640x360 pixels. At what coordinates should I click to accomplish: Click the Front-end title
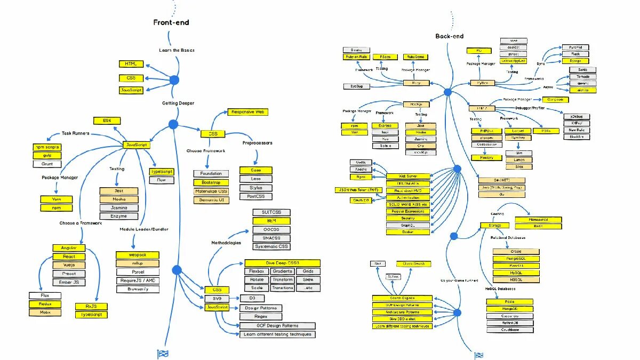point(171,22)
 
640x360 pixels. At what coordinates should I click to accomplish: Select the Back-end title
point(449,36)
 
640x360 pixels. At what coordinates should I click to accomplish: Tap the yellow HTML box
point(131,64)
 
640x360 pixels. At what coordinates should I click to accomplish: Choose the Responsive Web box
point(247,112)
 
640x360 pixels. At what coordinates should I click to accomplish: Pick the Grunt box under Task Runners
point(47,164)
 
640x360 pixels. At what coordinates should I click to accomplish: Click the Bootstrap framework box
point(211,182)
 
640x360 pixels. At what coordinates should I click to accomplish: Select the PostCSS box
point(255,196)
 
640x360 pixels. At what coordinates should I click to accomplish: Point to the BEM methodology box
point(271,221)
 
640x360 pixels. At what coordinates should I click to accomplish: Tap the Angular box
point(69,248)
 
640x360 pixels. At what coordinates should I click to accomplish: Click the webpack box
point(138,255)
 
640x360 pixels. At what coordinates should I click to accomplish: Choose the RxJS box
point(91,306)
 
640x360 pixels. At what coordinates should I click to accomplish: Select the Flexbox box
point(257,271)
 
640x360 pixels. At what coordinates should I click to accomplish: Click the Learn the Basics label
point(177,50)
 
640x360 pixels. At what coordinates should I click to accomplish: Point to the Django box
point(575,61)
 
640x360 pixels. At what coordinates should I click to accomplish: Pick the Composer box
point(555,100)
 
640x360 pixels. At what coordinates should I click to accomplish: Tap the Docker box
point(408,232)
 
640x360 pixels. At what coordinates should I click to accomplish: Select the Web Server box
point(408,176)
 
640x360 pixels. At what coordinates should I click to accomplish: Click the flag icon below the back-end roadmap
point(479,355)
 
